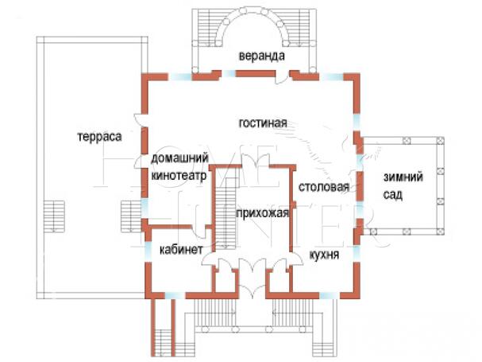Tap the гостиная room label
pos(262,122)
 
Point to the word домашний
pos(179,160)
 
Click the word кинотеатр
pos(179,177)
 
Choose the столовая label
pos(324,188)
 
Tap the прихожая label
pos(262,213)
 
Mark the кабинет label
pos(182,249)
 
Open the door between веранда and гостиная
pos(280,76)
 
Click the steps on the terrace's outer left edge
pos(55,214)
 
